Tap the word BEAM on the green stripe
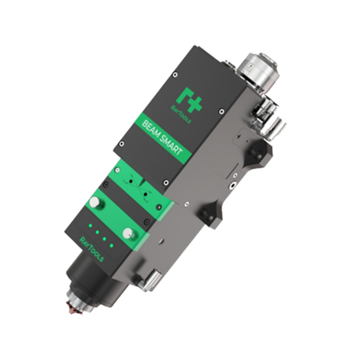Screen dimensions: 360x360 (x=152, y=124)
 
